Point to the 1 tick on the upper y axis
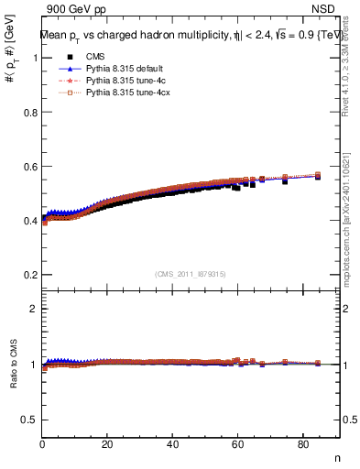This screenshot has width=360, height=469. pyautogui.click(x=34, y=58)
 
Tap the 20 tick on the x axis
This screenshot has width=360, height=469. pyautogui.click(x=107, y=446)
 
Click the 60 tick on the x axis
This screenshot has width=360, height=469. pyautogui.click(x=237, y=446)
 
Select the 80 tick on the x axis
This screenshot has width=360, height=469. pyautogui.click(x=302, y=446)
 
